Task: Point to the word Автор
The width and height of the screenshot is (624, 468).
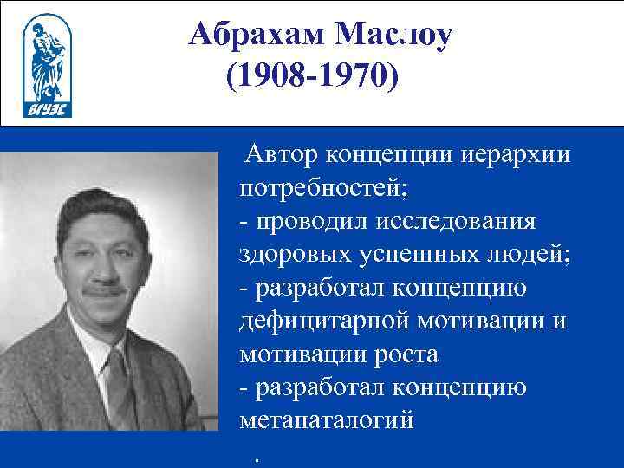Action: coord(283,155)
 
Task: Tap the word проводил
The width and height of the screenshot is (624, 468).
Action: coord(310,221)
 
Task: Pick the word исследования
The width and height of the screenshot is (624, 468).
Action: coord(456,221)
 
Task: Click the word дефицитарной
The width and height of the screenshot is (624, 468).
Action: coord(324,321)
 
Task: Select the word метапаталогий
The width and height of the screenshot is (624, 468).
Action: coord(327,421)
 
